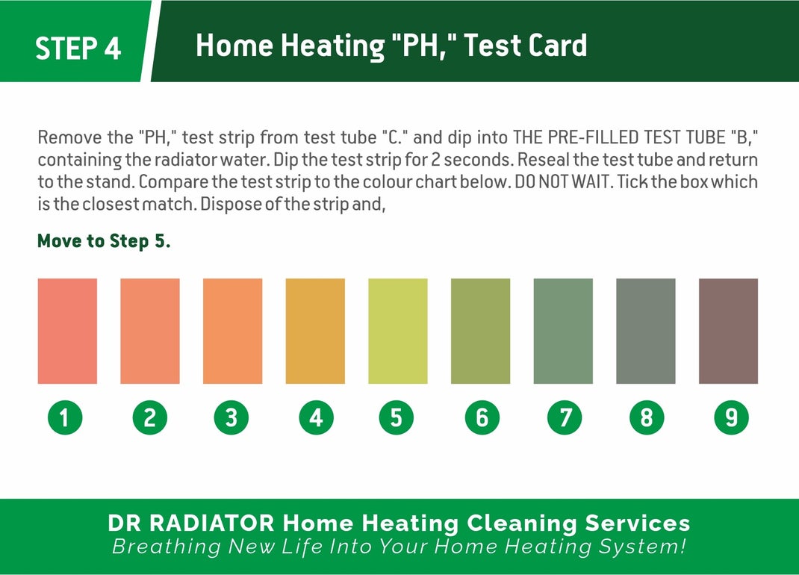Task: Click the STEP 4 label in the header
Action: [x=78, y=48]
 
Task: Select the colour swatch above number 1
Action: [x=67, y=331]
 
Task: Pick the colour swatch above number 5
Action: [x=398, y=331]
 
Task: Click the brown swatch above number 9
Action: [x=728, y=331]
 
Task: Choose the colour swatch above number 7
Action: [x=563, y=331]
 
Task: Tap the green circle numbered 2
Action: [x=150, y=417]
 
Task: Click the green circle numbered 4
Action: [x=316, y=417]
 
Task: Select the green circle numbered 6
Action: [x=482, y=417]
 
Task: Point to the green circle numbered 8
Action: [x=647, y=417]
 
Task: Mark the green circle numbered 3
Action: [x=231, y=417]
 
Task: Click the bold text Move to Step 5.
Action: [x=104, y=240]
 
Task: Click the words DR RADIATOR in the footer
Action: [x=191, y=523]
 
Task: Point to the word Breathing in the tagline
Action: [x=167, y=547]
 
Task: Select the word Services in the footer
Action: [x=638, y=523]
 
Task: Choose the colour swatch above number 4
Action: [x=315, y=331]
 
